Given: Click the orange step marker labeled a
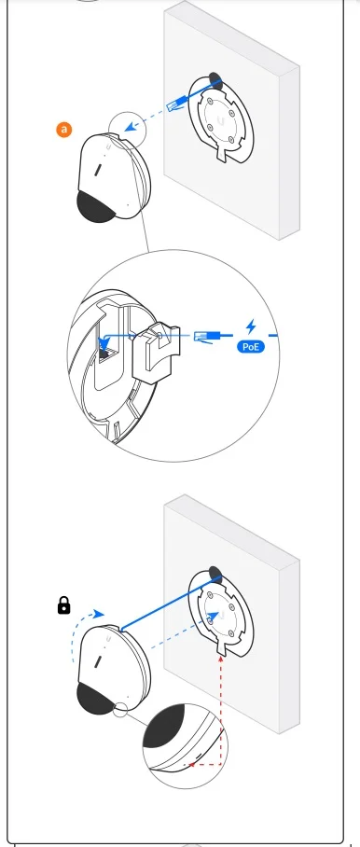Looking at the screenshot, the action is [x=64, y=130].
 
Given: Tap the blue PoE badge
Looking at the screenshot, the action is [x=251, y=346].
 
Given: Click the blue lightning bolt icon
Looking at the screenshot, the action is [x=251, y=326].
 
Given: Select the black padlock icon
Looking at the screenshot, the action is [x=63, y=605].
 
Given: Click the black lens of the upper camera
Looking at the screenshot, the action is [x=96, y=206].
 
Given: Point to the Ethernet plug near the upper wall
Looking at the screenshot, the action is [x=177, y=104].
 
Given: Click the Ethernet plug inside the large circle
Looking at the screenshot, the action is [x=205, y=337].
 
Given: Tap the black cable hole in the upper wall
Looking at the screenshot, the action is [x=215, y=80].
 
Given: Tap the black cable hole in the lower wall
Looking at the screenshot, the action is [x=215, y=575].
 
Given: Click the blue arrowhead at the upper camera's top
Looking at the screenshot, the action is [x=129, y=129].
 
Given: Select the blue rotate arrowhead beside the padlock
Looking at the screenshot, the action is [x=98, y=614].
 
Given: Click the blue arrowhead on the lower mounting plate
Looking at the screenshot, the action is [x=213, y=616].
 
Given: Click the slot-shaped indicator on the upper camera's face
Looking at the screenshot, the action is [x=98, y=171].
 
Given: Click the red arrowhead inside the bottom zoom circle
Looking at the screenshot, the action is [x=187, y=764].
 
